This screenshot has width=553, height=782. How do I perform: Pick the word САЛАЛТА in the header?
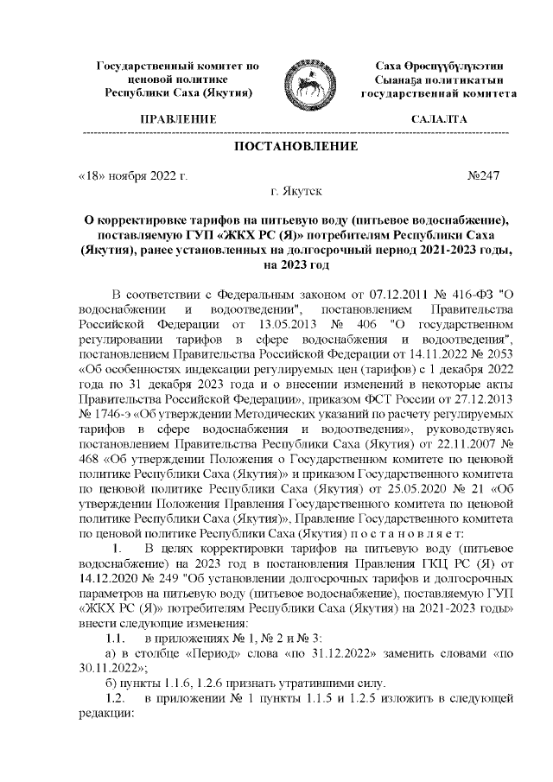click(440, 118)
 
